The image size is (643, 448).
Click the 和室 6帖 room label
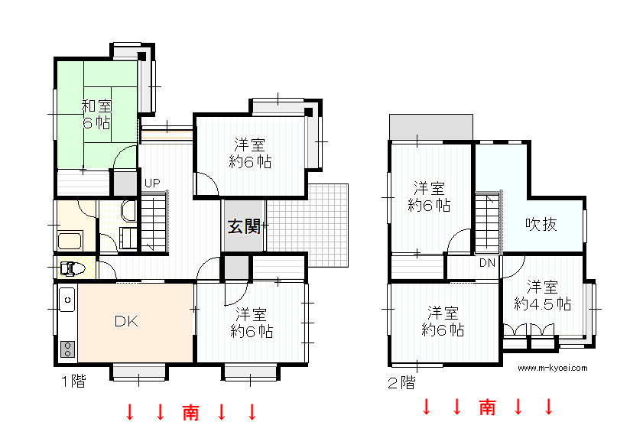97,115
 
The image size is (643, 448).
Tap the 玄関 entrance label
245,226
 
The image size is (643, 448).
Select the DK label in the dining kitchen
126,321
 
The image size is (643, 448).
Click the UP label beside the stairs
152,183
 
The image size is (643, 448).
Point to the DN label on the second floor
488,263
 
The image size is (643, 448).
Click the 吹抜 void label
541,224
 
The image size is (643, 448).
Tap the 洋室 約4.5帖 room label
543,296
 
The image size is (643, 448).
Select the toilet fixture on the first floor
71,268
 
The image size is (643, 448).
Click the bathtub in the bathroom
70,241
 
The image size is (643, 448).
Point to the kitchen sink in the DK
67,300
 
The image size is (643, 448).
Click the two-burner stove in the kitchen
67,349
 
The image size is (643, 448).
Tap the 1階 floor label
74,381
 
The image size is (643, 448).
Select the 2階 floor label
401,383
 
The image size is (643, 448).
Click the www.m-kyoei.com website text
552,368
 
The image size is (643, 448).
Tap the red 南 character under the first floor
190,412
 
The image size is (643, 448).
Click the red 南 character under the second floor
487,407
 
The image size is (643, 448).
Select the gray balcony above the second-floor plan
431,127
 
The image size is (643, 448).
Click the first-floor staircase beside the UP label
154,222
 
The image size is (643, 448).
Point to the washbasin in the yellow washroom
128,211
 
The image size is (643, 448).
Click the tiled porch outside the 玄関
307,226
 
